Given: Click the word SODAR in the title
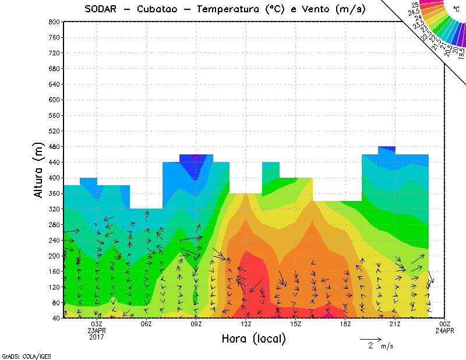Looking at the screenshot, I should tap(103, 9).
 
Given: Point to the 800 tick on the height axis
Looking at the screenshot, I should tap(54, 22).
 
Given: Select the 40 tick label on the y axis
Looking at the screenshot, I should tap(55, 319).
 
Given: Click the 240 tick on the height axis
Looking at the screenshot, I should tap(54, 240).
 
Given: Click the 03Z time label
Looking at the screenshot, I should tap(97, 324).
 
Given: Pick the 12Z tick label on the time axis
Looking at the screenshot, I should tap(246, 324).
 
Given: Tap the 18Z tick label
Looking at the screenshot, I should tap(345, 324).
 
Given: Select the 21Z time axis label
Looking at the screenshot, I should tap(395, 324).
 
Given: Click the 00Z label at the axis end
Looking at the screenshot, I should tap(444, 324).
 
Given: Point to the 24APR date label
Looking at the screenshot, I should tap(444, 330).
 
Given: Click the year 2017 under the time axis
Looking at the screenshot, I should tap(97, 337).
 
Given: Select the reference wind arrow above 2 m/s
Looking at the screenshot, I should tap(370, 338).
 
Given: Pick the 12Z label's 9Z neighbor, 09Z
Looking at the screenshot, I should tap(196, 324).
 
